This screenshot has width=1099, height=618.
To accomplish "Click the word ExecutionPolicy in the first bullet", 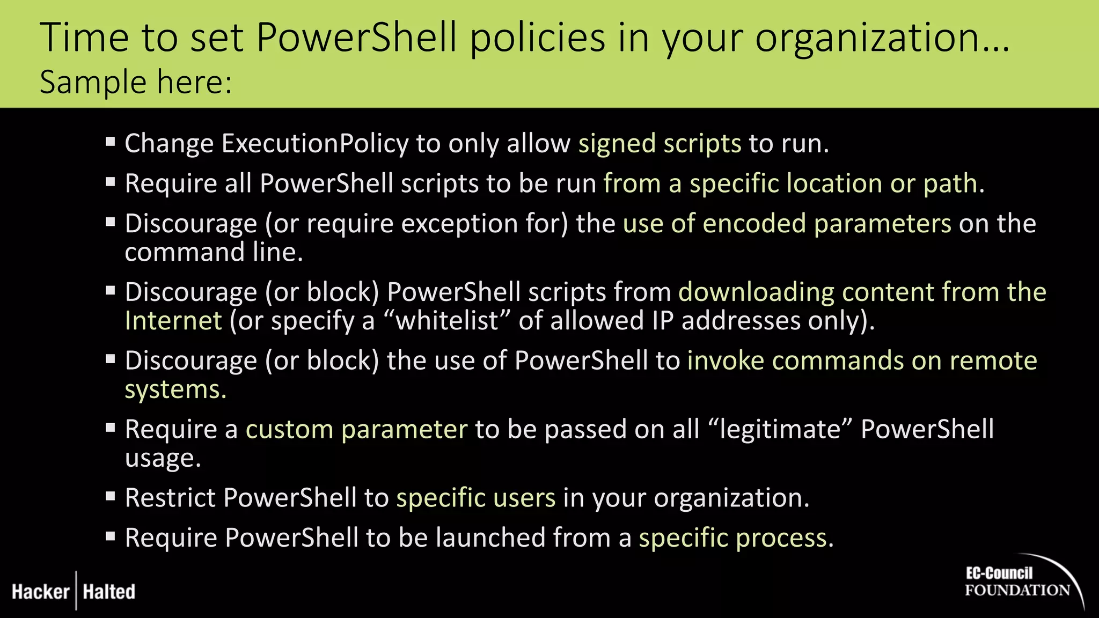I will click(x=315, y=144).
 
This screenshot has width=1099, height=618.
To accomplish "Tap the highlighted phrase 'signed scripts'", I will click(x=660, y=144).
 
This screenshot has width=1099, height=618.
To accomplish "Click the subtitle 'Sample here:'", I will click(x=136, y=83).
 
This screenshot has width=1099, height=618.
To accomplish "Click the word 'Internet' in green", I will click(x=173, y=321).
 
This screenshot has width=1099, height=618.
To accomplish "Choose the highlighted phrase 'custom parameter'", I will click(x=356, y=430).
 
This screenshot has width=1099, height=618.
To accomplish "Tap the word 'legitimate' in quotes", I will click(x=780, y=430).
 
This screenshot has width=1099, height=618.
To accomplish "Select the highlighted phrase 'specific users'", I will click(x=475, y=498).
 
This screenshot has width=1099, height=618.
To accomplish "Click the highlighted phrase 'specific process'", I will click(x=732, y=538).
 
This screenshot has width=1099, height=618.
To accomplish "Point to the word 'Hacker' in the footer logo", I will click(x=41, y=592).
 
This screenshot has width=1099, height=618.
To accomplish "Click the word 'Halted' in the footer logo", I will click(x=109, y=592).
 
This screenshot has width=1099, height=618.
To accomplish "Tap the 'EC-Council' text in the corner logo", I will click(x=999, y=573).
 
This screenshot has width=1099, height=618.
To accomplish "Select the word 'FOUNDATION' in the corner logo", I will click(x=1017, y=591).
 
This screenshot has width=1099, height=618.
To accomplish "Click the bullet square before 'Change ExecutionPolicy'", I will click(x=111, y=142).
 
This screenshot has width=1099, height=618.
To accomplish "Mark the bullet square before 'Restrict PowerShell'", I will click(x=111, y=496).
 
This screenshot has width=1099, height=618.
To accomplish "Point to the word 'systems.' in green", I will click(x=175, y=389).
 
